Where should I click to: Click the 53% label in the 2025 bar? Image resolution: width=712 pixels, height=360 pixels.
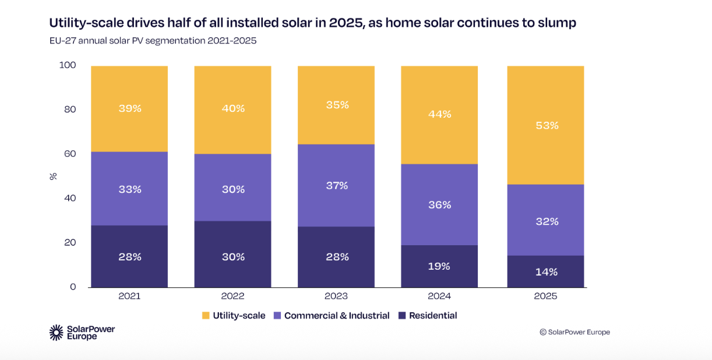(547, 125)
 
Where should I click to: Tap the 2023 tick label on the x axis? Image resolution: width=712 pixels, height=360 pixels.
(336, 296)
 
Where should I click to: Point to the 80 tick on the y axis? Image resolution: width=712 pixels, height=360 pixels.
(69, 110)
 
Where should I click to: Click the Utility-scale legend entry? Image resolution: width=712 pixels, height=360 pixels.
(234, 316)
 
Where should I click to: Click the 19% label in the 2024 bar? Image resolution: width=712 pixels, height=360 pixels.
(439, 266)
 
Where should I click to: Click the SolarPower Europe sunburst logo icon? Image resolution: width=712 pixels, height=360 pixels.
(57, 333)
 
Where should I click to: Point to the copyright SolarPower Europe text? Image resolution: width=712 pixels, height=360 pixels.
(574, 332)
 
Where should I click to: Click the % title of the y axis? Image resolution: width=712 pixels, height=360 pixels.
(53, 176)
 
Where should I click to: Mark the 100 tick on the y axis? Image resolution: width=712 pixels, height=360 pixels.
(68, 65)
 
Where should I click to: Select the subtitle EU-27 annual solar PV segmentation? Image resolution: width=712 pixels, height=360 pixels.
(153, 41)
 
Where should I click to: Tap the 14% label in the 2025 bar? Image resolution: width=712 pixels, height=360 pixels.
(547, 272)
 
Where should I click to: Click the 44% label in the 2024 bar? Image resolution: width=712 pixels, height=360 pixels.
(440, 114)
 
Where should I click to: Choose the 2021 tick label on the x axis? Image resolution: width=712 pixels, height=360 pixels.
(129, 296)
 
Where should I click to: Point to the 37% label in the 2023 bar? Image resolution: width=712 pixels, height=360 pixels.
(336, 186)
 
